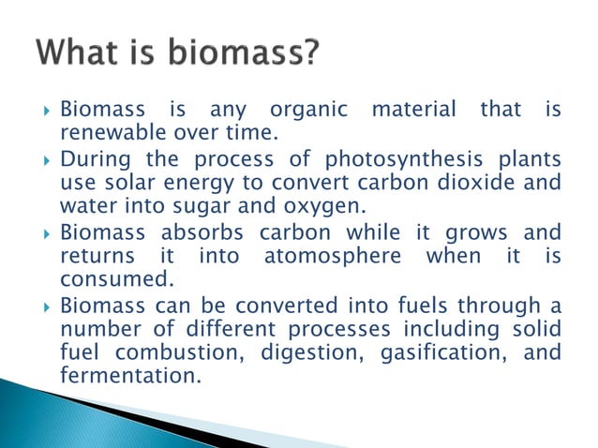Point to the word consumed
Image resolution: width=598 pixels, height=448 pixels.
103,278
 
